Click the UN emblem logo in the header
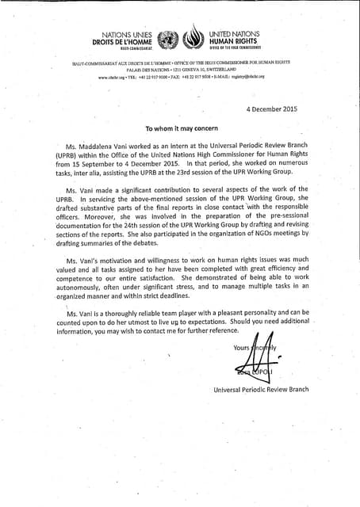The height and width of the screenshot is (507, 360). [x=168, y=40]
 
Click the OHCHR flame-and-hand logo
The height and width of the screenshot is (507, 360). [x=193, y=40]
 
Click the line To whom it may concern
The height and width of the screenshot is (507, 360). [x=181, y=128]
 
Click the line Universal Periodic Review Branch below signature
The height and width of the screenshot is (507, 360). [x=261, y=390]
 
